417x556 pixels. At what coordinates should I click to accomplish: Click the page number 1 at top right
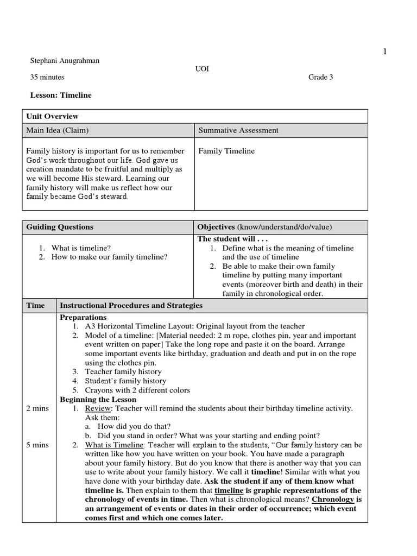[x=385, y=52]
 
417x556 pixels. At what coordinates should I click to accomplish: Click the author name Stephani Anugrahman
[x=65, y=60]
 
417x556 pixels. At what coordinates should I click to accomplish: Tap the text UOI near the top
[x=202, y=69]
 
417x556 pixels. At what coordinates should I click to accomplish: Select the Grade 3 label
[x=320, y=77]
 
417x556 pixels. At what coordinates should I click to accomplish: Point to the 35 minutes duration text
[x=47, y=77]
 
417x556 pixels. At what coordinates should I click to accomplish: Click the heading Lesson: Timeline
[x=61, y=95]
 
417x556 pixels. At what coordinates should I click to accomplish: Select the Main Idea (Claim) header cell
[x=58, y=130]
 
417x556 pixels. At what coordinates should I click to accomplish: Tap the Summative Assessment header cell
[x=238, y=130]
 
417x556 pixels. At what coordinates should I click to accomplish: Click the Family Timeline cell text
[x=226, y=151]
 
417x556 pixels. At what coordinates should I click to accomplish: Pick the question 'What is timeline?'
[x=80, y=248]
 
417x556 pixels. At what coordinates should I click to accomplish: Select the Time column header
[x=36, y=305]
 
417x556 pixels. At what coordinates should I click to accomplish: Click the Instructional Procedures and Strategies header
[x=131, y=305]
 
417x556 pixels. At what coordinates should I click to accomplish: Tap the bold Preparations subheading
[x=83, y=317]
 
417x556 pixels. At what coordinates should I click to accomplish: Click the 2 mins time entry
[x=37, y=408]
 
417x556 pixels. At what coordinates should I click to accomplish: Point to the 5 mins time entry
[x=37, y=445]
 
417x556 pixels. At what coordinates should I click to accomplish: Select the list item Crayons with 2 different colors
[x=137, y=390]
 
